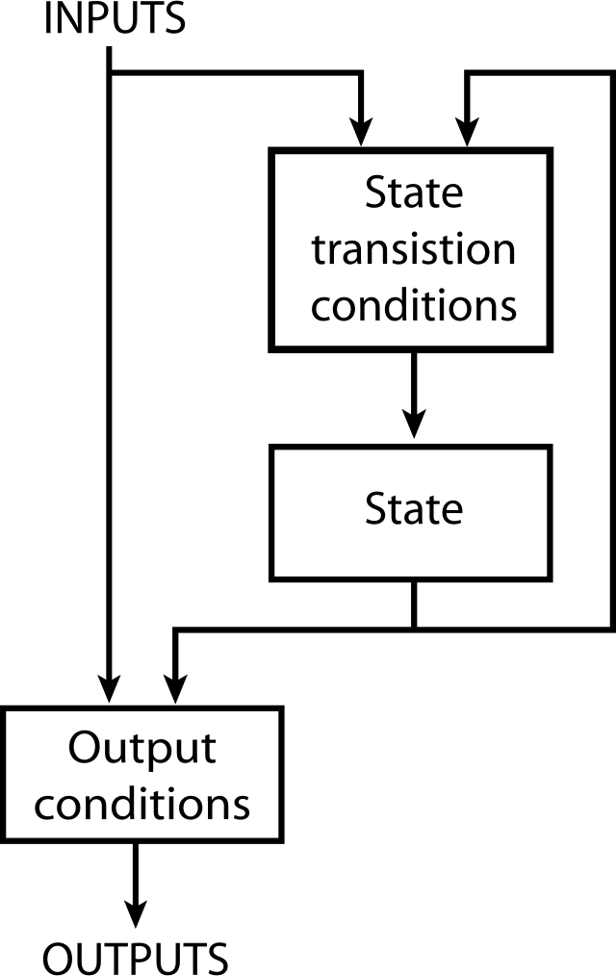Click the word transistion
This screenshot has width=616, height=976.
pos(414,250)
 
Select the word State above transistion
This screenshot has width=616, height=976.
pos(414,193)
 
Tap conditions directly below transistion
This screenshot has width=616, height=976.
pos(414,306)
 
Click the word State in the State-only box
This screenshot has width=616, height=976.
pos(414,508)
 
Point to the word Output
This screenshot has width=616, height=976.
pos(142,749)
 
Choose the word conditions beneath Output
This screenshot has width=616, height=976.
pos(142,805)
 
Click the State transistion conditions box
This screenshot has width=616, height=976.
pos(410,249)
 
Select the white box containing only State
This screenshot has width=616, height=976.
pos(410,513)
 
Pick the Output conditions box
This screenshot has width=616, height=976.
pos(141,775)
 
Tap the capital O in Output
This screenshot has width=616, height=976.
pos(85,748)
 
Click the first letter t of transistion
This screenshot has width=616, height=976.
pos(318,250)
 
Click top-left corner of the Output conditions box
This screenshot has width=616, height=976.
pos(7,712)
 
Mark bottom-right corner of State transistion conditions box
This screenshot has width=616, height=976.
pos(545,344)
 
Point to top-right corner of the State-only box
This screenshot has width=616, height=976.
pos(546,450)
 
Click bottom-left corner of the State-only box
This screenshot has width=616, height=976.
pos(275,576)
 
